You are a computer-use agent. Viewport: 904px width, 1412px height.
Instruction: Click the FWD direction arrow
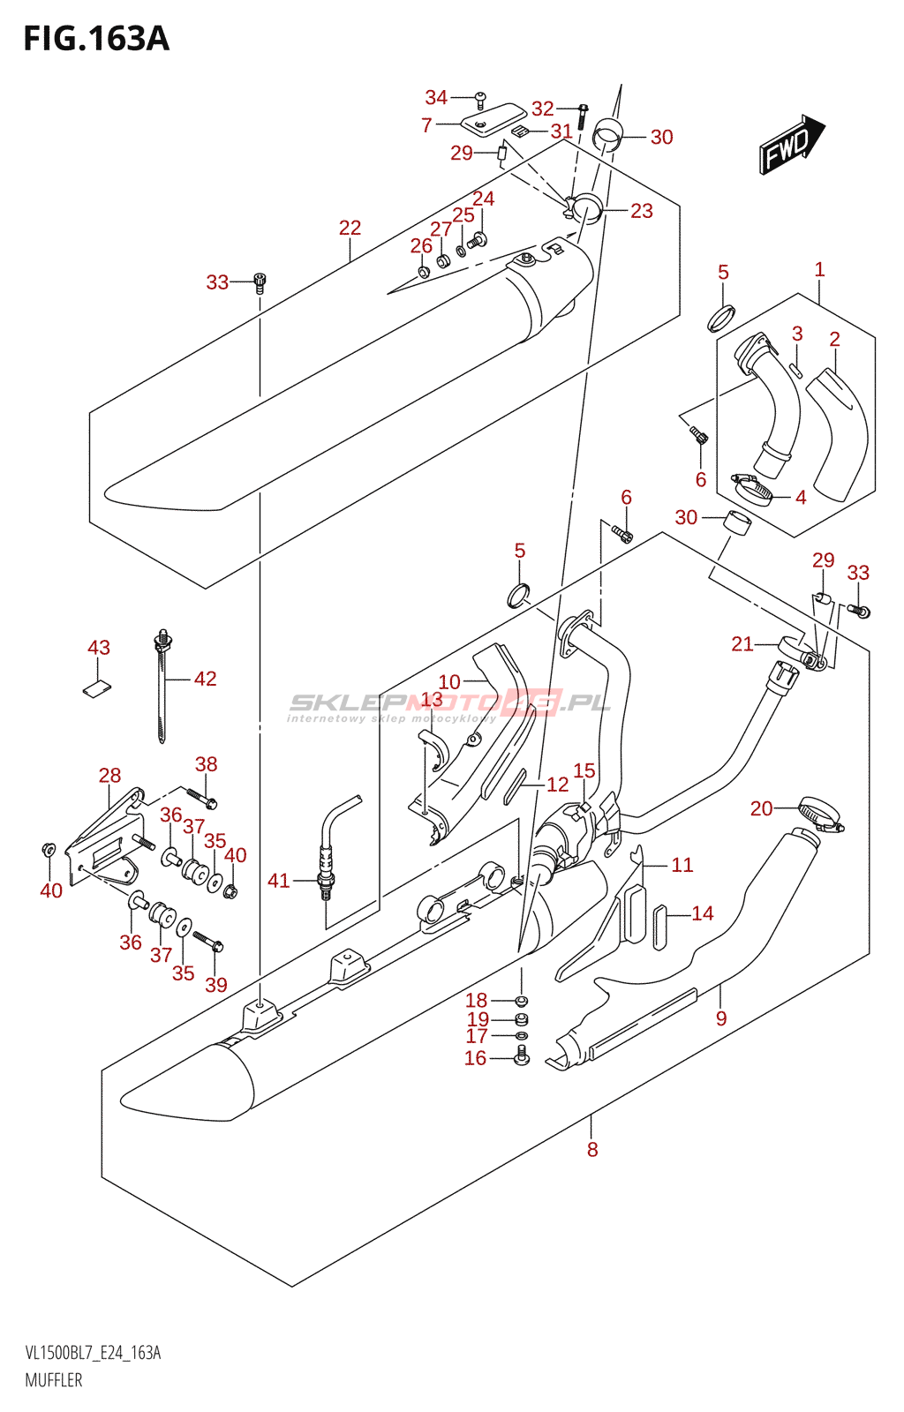pyautogui.click(x=791, y=145)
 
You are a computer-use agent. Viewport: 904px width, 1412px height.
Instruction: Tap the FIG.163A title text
pyautogui.click(x=96, y=39)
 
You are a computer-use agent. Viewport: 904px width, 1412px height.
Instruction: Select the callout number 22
pyautogui.click(x=350, y=228)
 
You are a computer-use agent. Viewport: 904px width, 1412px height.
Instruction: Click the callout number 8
pyautogui.click(x=592, y=1149)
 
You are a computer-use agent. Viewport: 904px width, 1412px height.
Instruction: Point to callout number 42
pyautogui.click(x=206, y=679)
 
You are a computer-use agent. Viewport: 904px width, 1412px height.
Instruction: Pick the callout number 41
pyautogui.click(x=279, y=881)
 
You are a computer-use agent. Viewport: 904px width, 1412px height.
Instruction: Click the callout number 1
pyautogui.click(x=819, y=270)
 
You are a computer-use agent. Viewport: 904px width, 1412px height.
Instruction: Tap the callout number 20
pyautogui.click(x=762, y=808)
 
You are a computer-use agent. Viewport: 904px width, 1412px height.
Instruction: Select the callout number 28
pyautogui.click(x=109, y=776)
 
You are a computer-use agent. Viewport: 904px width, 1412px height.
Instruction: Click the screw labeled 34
pyautogui.click(x=480, y=100)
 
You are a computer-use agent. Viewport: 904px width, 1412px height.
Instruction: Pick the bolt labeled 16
pyautogui.click(x=522, y=1055)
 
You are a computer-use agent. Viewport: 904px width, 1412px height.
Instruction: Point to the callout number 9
pyautogui.click(x=721, y=1018)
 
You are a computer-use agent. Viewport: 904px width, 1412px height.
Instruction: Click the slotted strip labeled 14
pyautogui.click(x=659, y=926)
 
